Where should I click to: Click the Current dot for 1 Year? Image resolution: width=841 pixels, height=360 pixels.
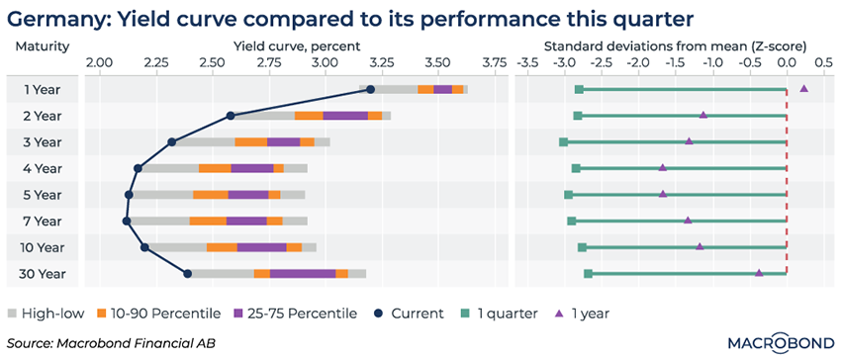[371, 89]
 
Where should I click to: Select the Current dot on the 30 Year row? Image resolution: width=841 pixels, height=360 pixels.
[188, 274]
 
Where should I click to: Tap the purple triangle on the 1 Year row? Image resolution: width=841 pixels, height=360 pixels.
[803, 89]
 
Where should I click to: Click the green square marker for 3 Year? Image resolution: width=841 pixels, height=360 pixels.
[563, 142]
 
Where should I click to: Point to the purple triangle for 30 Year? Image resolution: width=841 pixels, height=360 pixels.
[759, 273]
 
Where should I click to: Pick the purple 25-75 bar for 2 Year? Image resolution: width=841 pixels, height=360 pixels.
[345, 116]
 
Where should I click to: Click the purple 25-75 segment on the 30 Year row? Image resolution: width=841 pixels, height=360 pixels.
[303, 274]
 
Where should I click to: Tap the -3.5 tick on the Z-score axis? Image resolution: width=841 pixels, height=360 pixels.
[527, 62]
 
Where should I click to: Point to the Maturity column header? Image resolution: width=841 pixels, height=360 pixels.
[43, 46]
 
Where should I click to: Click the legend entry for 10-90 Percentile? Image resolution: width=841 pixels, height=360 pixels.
[158, 314]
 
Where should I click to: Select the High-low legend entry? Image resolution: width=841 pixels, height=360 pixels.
[47, 314]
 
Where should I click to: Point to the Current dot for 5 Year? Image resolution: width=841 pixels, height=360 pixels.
[129, 194]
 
